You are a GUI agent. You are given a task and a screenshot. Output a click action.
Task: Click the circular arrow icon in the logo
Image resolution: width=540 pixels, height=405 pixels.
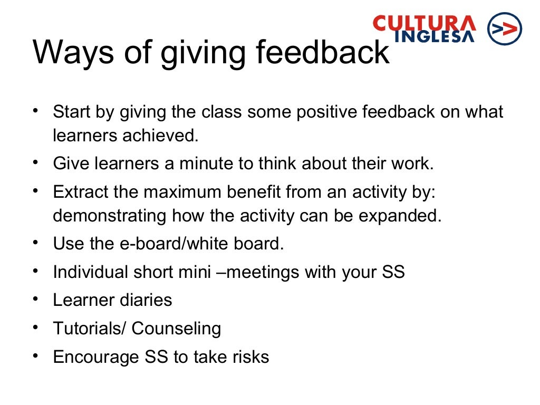[505, 28]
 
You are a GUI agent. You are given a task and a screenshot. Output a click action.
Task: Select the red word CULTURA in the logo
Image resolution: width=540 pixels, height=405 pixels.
[425, 23]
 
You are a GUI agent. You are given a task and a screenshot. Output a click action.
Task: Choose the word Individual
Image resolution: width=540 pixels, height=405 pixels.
[90, 272]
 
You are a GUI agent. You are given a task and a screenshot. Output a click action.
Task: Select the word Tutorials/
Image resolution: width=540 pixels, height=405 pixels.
[90, 329]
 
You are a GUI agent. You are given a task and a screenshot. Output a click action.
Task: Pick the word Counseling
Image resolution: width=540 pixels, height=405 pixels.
[176, 329]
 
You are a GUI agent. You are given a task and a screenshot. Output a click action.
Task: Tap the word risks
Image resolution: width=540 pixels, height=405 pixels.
[250, 357]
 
